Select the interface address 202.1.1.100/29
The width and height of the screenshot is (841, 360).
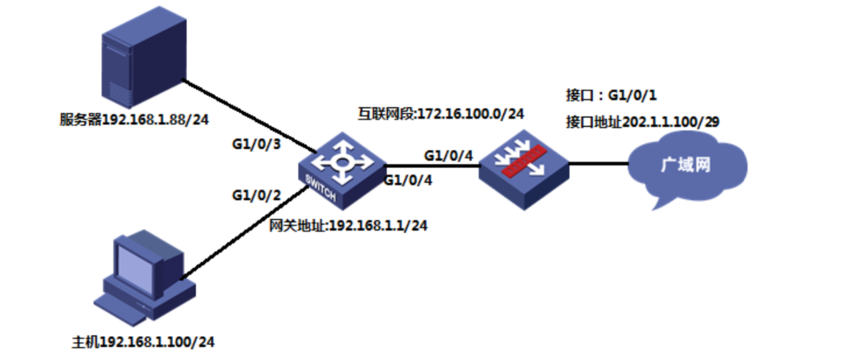(x=642, y=122)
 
